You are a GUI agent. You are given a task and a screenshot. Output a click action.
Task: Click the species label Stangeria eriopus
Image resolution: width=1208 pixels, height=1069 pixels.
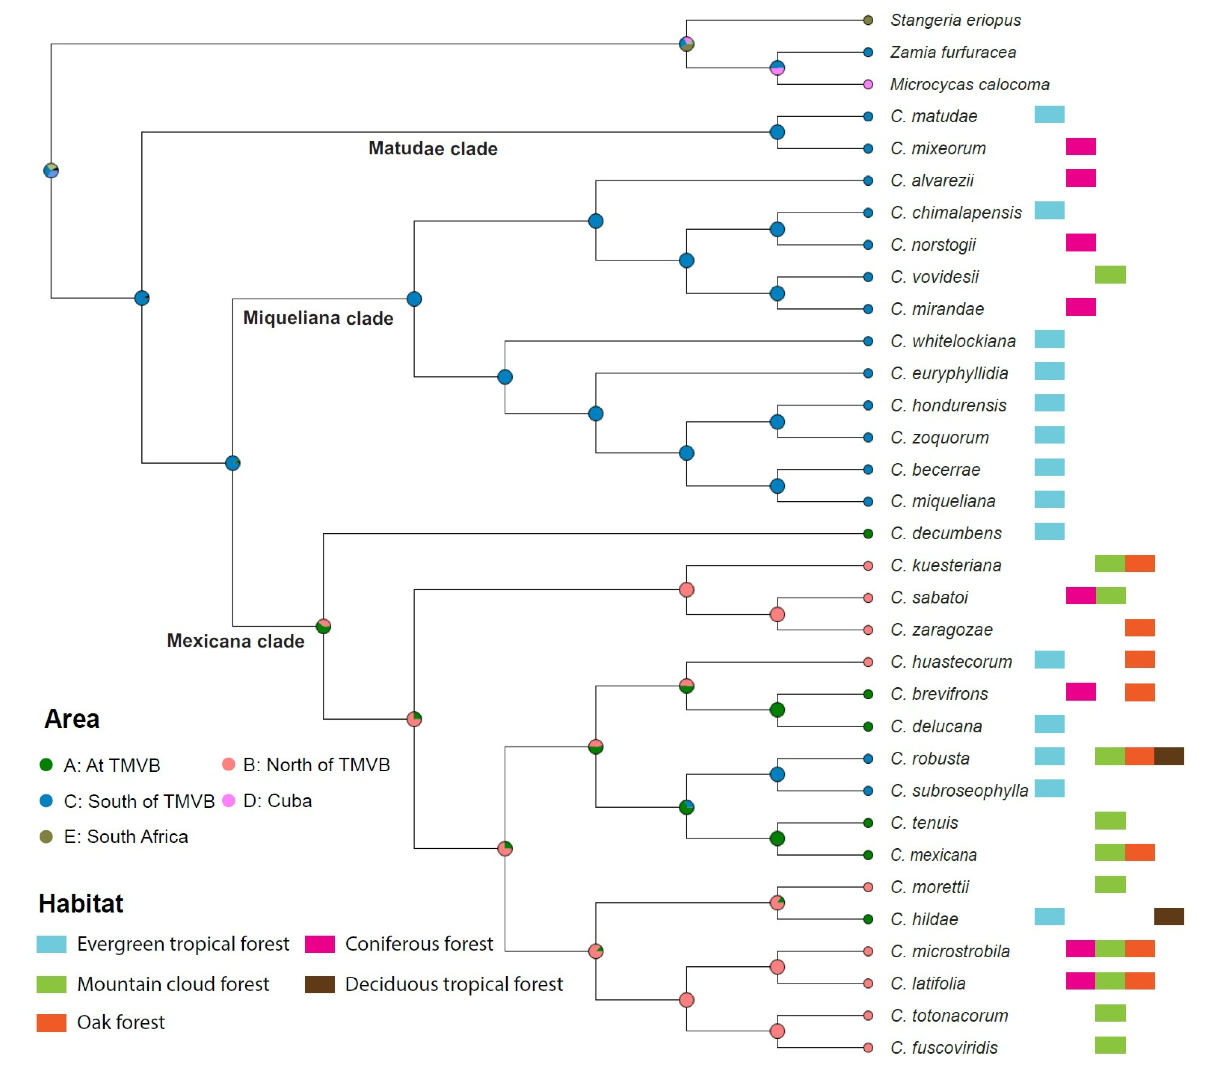point(955,20)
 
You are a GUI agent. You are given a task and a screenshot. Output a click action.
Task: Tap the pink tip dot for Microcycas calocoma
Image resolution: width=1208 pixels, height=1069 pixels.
point(867,85)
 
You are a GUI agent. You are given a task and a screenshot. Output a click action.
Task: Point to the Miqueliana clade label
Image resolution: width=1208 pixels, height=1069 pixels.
point(318,318)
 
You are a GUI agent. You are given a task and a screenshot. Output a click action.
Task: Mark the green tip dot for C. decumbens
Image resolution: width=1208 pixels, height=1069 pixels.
point(867,534)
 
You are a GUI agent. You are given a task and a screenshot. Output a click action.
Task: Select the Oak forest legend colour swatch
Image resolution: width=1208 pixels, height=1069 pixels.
point(52,1022)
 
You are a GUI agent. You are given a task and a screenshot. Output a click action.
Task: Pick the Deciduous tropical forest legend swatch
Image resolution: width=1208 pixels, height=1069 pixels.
point(320,984)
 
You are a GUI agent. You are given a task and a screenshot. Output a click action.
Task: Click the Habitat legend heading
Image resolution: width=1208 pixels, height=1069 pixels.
point(81,904)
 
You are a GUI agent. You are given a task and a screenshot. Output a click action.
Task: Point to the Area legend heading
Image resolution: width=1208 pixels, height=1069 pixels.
point(72,719)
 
